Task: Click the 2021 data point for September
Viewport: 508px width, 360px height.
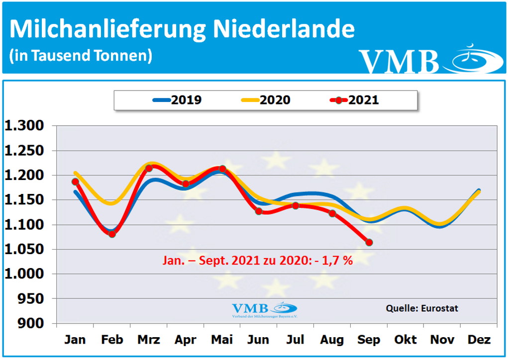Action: point(369,242)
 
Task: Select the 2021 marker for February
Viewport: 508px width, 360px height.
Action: point(112,234)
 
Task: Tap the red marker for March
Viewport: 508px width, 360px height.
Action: point(149,168)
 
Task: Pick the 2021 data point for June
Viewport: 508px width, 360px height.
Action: point(259,211)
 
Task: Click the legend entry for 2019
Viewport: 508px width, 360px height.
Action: point(177,100)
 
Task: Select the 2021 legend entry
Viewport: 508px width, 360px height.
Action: point(355,100)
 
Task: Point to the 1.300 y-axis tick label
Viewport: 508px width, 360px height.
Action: point(24,126)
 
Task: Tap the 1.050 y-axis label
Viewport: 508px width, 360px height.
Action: point(24,250)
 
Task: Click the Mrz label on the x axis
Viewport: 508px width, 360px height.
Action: point(148,340)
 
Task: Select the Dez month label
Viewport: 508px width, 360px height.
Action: point(479,340)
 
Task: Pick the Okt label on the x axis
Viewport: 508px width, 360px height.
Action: point(406,340)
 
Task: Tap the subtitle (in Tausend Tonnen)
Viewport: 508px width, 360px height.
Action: point(81,55)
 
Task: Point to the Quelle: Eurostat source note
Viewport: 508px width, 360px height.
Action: point(422,308)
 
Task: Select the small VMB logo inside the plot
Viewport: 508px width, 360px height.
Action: point(264,309)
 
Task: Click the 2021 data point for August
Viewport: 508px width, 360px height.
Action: point(332,213)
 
